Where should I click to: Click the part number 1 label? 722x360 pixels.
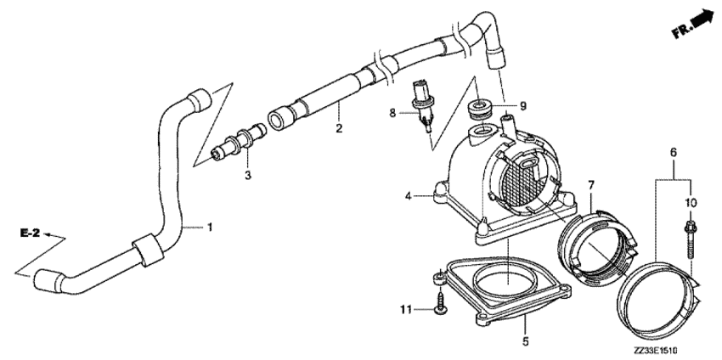(210, 227)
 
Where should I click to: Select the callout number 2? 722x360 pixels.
(339, 128)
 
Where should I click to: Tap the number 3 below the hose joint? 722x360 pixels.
(248, 176)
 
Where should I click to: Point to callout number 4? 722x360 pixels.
(408, 197)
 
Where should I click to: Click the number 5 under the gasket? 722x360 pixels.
(526, 341)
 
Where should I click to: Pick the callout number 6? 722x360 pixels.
(673, 152)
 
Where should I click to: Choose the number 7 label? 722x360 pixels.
(591, 185)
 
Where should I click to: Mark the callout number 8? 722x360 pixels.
(392, 112)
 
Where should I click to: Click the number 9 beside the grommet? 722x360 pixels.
(522, 106)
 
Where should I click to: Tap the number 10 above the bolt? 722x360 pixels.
(691, 202)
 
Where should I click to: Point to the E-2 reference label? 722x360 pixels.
(30, 233)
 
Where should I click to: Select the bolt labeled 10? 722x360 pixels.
(691, 239)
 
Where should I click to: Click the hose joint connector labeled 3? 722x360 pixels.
(238, 142)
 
